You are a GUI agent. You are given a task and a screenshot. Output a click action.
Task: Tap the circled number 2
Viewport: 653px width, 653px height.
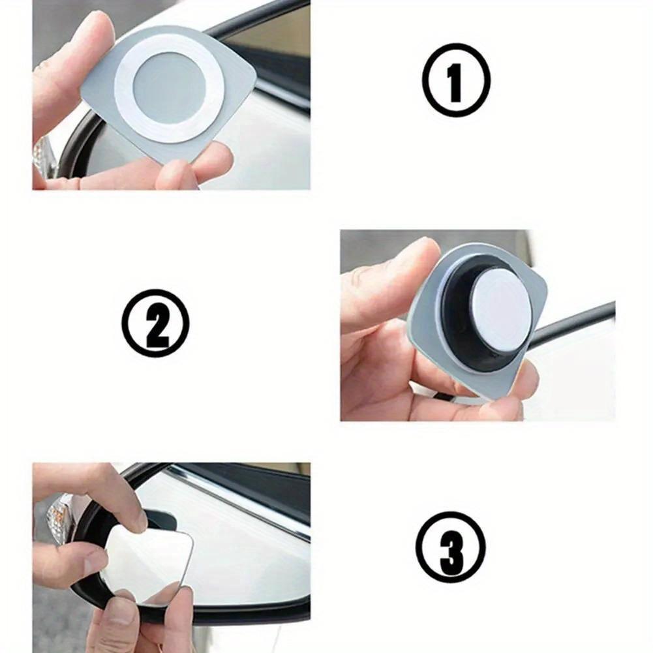click(x=155, y=323)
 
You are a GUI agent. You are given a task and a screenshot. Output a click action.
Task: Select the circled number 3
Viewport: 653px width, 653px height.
click(x=451, y=547)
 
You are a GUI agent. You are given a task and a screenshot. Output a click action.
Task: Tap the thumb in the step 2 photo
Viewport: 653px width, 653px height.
click(x=385, y=281)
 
